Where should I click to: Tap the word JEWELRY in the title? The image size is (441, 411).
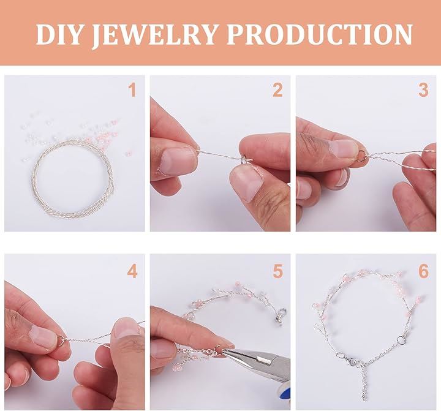click(155, 34)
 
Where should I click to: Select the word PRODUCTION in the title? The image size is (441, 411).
click(320, 34)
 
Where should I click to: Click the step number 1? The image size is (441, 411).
click(132, 90)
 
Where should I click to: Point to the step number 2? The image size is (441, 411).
click(277, 90)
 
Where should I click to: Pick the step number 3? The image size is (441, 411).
click(423, 90)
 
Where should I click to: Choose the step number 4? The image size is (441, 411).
click(132, 271)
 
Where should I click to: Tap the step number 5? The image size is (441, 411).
click(277, 271)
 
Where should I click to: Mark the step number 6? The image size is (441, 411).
click(423, 271)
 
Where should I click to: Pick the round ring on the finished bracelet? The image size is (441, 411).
click(400, 340)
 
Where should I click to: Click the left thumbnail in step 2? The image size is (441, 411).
click(177, 162)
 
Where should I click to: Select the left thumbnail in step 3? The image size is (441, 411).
click(342, 148)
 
